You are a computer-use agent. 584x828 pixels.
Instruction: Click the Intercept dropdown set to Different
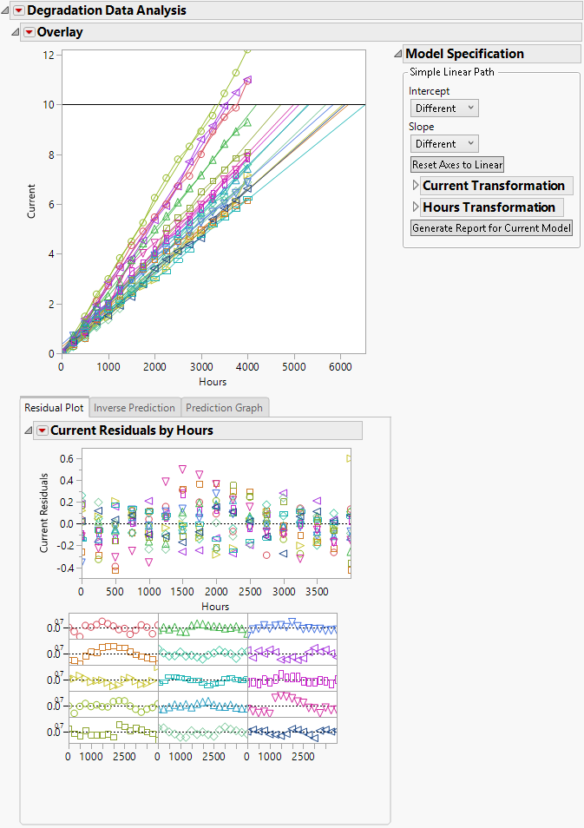pyautogui.click(x=444, y=108)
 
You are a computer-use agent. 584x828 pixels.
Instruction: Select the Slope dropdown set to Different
pyautogui.click(x=444, y=144)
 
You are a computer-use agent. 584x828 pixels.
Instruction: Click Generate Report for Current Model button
pyautogui.click(x=491, y=228)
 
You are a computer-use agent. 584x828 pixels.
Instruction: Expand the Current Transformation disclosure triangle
pyautogui.click(x=416, y=186)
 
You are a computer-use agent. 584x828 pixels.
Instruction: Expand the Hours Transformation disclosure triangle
pyautogui.click(x=416, y=207)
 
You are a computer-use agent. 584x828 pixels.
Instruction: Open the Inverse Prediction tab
pyautogui.click(x=135, y=407)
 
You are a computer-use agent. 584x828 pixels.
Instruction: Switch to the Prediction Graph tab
pyautogui.click(x=224, y=407)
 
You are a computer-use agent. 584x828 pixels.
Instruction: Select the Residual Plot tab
pyautogui.click(x=54, y=407)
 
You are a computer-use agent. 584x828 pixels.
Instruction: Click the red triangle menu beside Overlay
pyautogui.click(x=28, y=32)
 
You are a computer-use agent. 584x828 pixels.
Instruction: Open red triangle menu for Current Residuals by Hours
pyautogui.click(x=40, y=430)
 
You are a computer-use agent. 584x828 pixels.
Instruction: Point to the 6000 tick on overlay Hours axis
pyautogui.click(x=339, y=367)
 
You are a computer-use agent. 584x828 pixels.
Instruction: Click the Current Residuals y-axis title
pyautogui.click(x=44, y=512)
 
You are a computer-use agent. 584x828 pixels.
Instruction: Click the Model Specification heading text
pyautogui.click(x=464, y=54)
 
